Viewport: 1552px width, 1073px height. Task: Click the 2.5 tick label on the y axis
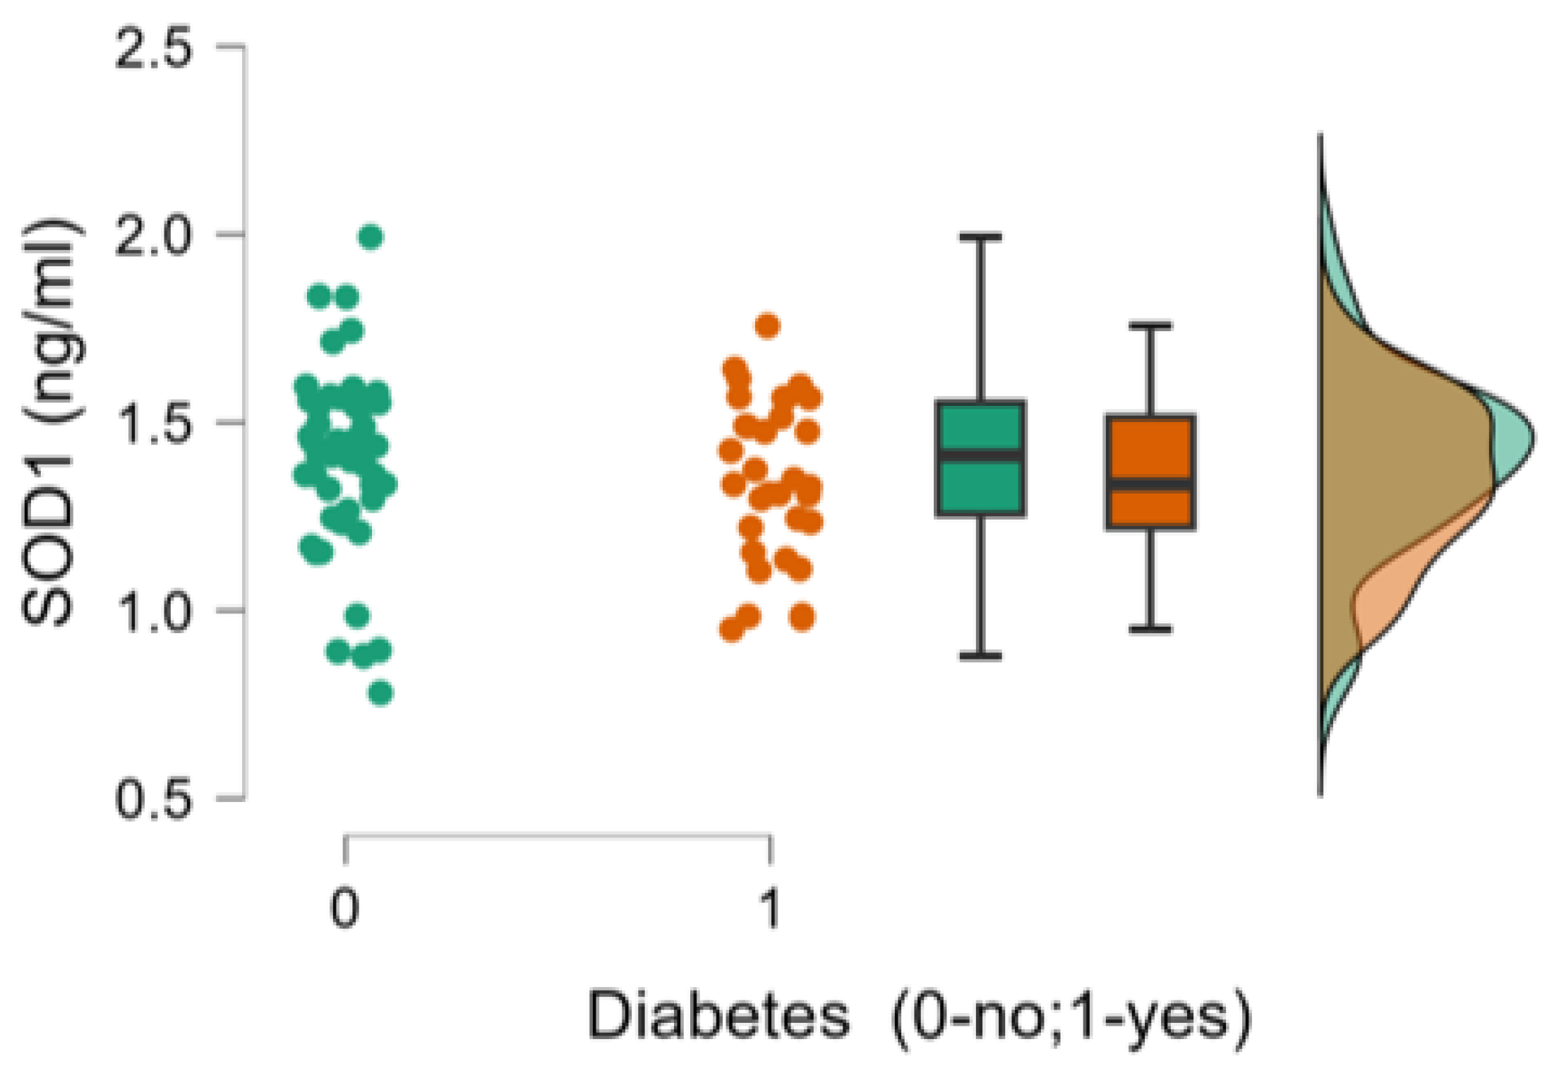pos(153,48)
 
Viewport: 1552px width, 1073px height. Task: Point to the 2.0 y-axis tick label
pos(153,236)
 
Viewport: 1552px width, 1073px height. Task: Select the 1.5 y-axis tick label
pos(153,424)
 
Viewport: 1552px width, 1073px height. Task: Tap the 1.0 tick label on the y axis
pos(153,611)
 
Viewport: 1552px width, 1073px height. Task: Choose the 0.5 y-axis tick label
pos(153,800)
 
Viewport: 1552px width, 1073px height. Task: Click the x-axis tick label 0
pos(345,909)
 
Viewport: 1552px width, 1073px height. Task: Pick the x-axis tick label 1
pos(771,909)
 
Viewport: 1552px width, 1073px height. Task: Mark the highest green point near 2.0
pos(372,237)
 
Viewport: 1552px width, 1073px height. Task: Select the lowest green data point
pos(381,693)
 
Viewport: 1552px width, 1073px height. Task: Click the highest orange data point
pos(768,326)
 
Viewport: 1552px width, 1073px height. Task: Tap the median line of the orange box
pos(1150,484)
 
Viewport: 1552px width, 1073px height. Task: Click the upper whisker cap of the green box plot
pos(980,237)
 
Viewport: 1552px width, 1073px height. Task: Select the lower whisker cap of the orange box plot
pos(1150,628)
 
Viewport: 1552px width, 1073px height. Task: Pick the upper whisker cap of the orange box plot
pos(1150,326)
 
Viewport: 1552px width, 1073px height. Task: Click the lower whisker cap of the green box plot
pos(980,656)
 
